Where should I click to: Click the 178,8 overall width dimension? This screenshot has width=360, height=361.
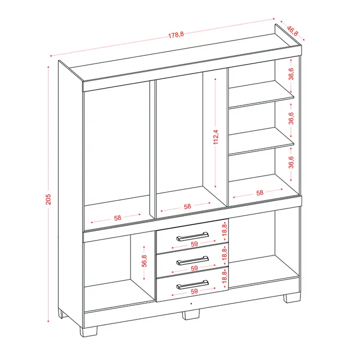[x=176, y=35]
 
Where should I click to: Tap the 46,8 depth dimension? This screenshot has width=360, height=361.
[x=292, y=31]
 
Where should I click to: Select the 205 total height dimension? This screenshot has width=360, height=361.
[x=48, y=199]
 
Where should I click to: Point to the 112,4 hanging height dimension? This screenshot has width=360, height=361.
[x=216, y=137]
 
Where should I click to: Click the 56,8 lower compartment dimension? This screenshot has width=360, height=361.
[x=144, y=261]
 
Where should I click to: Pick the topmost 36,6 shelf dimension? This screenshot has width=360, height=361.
[x=291, y=74]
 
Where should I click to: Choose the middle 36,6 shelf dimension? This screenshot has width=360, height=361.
[x=291, y=118]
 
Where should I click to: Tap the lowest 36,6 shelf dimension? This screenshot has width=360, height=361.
[x=291, y=162]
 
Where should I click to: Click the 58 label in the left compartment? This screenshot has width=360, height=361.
[x=117, y=218]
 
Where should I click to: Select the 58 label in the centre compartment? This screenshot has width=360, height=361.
[x=187, y=207]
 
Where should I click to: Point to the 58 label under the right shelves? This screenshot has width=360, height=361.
[x=260, y=193]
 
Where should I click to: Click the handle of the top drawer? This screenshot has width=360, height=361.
[x=193, y=236]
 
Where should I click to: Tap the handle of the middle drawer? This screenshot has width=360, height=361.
[x=193, y=260]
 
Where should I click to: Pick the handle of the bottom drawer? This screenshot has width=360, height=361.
[x=193, y=284]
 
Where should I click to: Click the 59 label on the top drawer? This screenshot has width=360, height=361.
[x=194, y=244]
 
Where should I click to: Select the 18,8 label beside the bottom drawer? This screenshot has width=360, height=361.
[x=225, y=277]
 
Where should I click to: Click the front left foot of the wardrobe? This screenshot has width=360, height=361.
[x=88, y=331]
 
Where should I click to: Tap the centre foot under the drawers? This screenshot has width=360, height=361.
[x=191, y=315]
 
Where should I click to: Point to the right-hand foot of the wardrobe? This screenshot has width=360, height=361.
[x=292, y=298]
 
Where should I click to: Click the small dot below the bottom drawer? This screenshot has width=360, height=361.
[x=191, y=304]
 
